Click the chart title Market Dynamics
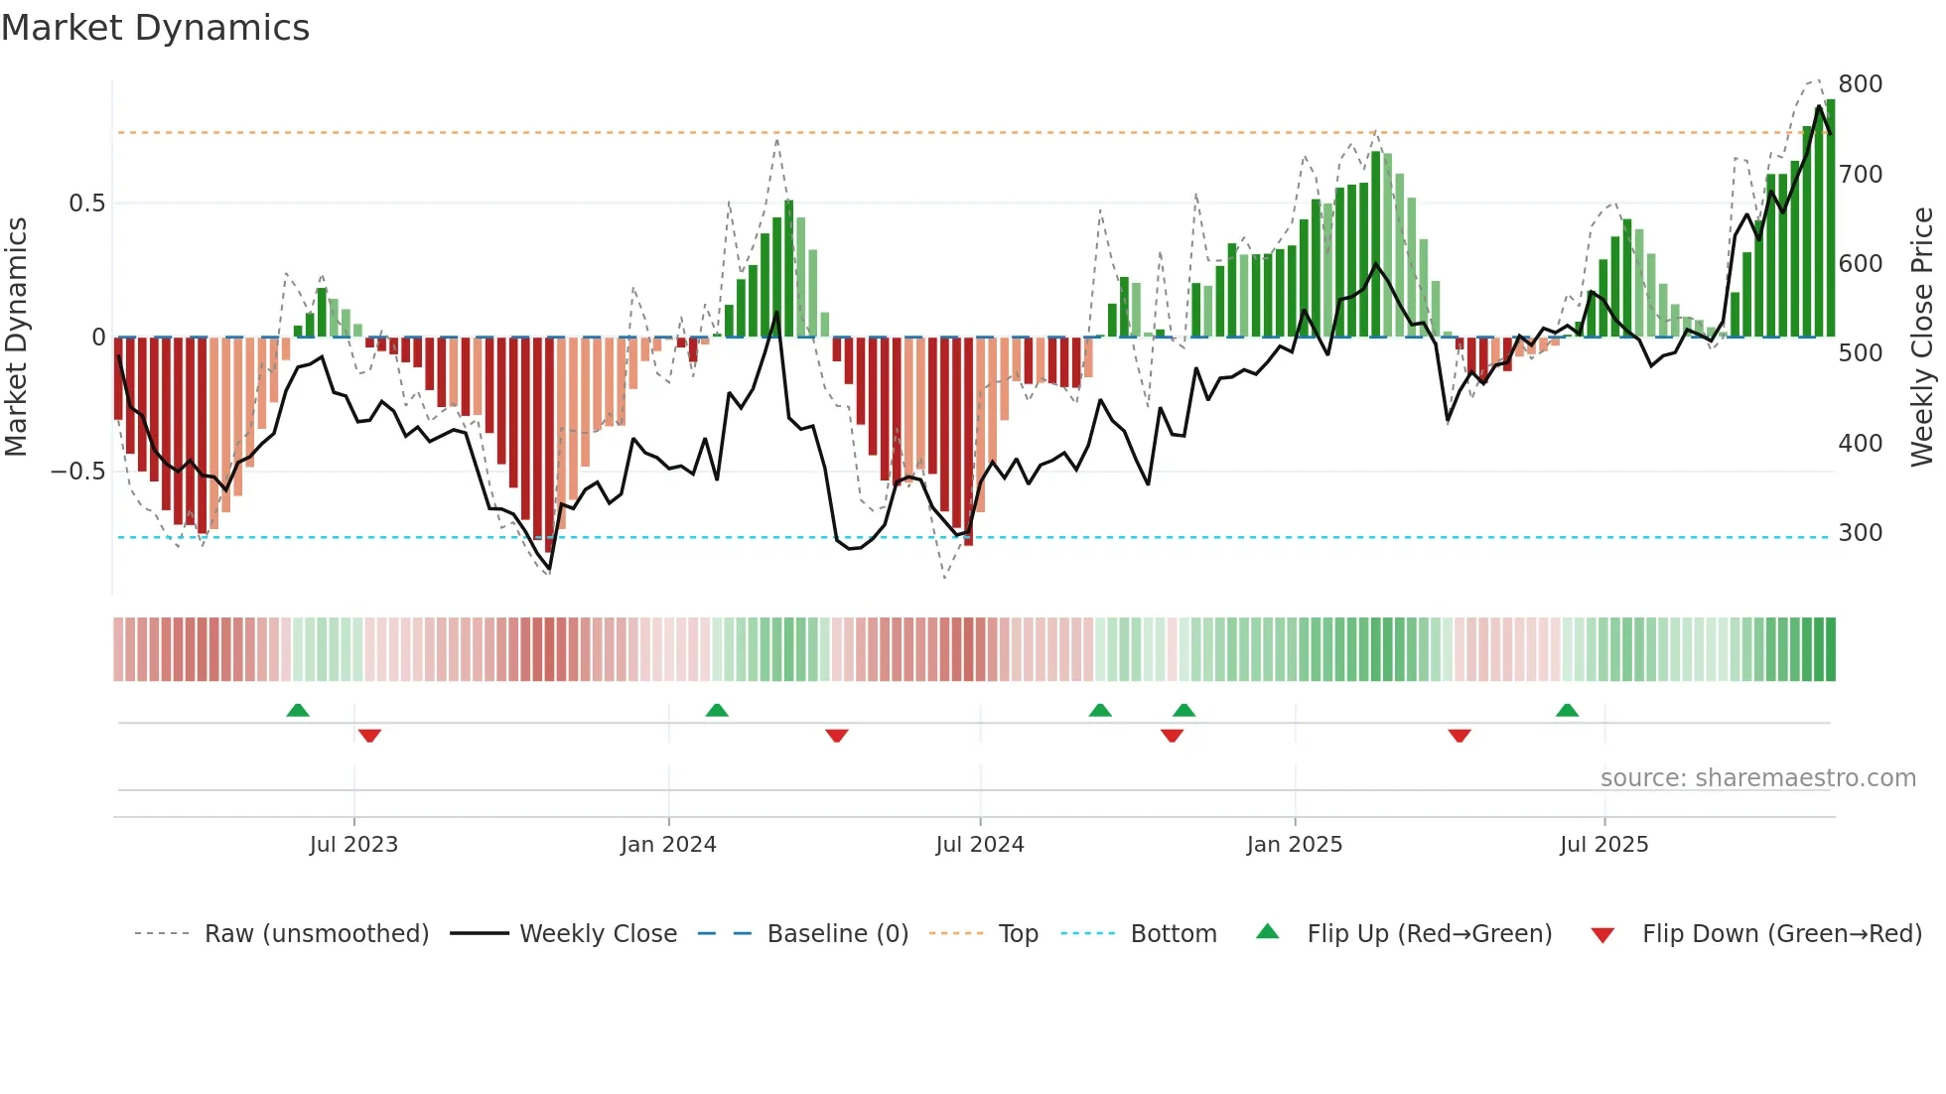[x=155, y=28]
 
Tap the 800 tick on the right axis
[x=1860, y=84]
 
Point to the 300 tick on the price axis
[x=1860, y=533]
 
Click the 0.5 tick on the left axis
[x=86, y=204]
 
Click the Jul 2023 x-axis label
[x=353, y=845]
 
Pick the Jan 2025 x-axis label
[x=1294, y=845]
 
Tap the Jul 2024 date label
[x=979, y=845]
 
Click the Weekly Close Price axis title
[x=1922, y=338]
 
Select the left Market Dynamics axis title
[x=16, y=338]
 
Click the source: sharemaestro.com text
[x=1757, y=778]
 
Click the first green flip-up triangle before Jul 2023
[x=298, y=710]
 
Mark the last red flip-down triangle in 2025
[x=1459, y=736]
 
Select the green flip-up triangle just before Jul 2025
[x=1567, y=710]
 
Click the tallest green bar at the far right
[x=1830, y=218]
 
